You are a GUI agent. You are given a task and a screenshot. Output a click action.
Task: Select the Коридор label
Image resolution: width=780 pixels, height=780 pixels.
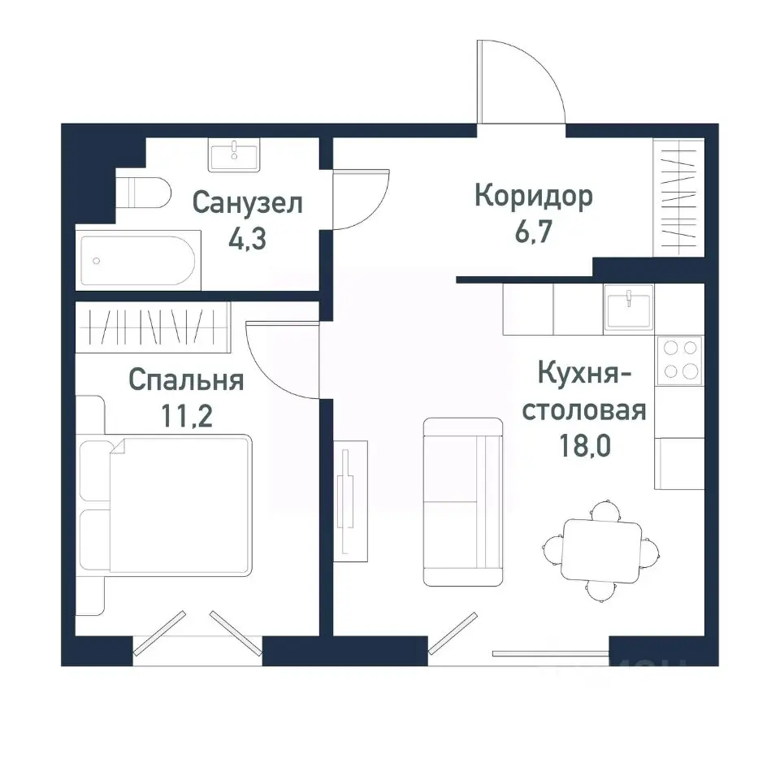tap(534, 196)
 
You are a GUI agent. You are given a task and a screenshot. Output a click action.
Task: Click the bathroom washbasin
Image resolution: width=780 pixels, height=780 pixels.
tap(234, 154)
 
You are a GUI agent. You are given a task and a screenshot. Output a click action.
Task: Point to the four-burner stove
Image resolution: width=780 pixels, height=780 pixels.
tap(679, 360)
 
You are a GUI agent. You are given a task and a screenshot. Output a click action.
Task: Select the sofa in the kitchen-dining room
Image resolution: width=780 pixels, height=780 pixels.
tap(463, 501)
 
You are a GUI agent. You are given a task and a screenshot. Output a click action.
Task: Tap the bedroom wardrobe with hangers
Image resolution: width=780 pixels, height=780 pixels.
tap(153, 327)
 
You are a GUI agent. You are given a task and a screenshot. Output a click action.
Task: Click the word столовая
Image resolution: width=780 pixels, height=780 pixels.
tap(583, 409)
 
